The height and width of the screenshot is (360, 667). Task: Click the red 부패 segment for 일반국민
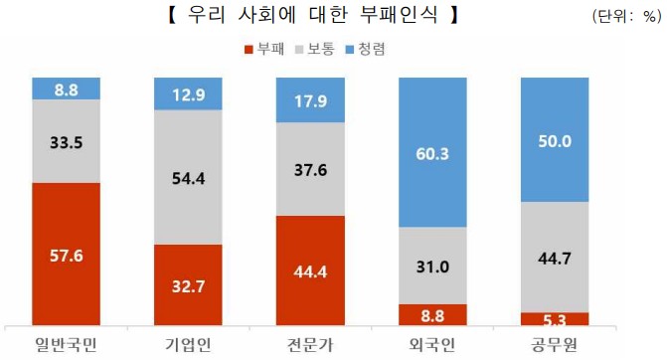66,254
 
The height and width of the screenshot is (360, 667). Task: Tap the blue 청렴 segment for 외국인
432,151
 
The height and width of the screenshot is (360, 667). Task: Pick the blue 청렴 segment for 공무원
555,139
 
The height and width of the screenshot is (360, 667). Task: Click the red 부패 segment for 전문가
310,270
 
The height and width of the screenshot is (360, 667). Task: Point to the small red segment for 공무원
555,318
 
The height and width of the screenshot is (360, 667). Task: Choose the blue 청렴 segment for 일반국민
66,89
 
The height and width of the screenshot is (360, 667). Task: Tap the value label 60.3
432,151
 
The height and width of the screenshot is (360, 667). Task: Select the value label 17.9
310,99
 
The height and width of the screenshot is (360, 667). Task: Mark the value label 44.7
555,258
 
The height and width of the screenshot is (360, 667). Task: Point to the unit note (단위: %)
625,17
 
